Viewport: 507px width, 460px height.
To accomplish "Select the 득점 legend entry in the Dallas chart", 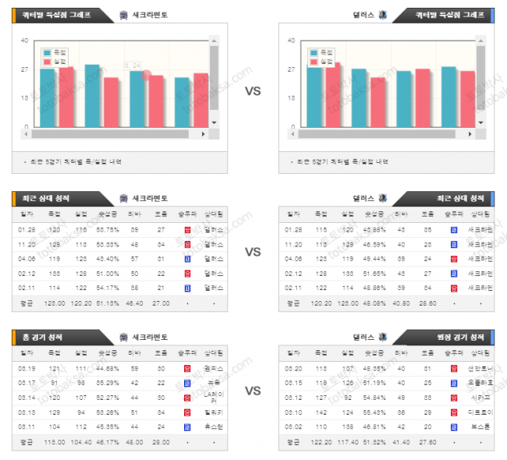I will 322,51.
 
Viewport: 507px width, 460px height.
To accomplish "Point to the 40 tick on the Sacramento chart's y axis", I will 24,41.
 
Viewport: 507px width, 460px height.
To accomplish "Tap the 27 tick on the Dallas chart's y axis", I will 290,69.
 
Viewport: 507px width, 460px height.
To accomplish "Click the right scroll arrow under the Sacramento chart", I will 204,134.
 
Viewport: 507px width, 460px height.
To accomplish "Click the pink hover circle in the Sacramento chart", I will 146,76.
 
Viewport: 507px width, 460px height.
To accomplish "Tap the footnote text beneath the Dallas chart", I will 342,162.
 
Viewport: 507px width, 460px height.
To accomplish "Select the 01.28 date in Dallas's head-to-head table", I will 294,229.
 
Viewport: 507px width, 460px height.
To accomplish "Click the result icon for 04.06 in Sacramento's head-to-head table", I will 187,258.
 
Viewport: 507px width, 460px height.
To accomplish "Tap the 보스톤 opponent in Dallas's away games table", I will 477,426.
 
